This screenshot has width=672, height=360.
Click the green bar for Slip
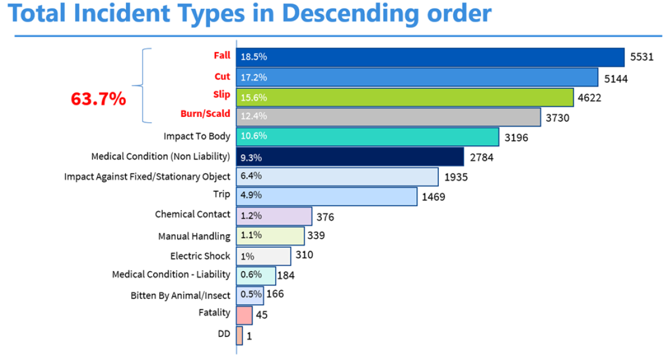pyautogui.click(x=405, y=97)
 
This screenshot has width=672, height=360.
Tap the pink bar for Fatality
pyautogui.click(x=244, y=315)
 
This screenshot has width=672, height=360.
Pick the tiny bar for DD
pyautogui.click(x=239, y=336)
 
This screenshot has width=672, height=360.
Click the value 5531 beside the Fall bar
pyautogui.click(x=642, y=57)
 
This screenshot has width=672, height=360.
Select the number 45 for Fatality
pyautogui.click(x=261, y=315)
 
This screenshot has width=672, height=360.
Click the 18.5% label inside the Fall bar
pyautogui.click(x=253, y=57)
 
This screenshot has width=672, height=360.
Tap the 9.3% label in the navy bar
pyautogui.click(x=251, y=157)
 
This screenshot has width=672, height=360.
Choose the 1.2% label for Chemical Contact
pyautogui.click(x=251, y=216)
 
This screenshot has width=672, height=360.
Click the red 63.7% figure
pyautogui.click(x=98, y=99)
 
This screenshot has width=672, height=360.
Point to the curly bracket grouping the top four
pyautogui.click(x=143, y=86)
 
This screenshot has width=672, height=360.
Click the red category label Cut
pyautogui.click(x=222, y=76)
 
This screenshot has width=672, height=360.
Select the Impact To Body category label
pyautogui.click(x=197, y=136)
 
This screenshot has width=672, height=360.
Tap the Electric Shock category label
pyautogui.click(x=200, y=256)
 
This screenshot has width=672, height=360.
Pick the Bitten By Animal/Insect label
pyautogui.click(x=180, y=295)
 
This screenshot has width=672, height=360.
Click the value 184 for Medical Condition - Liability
pyautogui.click(x=286, y=275)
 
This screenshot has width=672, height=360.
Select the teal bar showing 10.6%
pyautogui.click(x=367, y=136)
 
